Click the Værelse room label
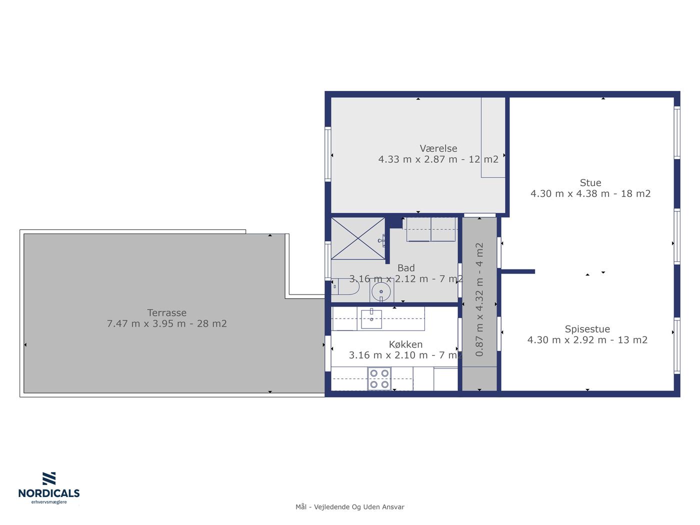click(x=438, y=148)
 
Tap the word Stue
click(x=590, y=182)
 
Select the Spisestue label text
click(x=587, y=329)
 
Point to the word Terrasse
click(x=167, y=312)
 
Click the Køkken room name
click(x=405, y=344)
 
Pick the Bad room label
click(x=406, y=268)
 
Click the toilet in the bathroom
click(x=345, y=286)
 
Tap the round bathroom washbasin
click(x=381, y=291)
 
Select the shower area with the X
click(x=358, y=238)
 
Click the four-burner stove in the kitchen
click(x=379, y=378)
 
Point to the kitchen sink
click(x=371, y=319)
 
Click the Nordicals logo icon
click(x=49, y=478)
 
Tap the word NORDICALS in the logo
click(x=49, y=493)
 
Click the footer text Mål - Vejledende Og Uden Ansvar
click(x=350, y=507)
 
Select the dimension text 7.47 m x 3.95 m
click(x=146, y=323)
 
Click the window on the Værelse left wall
click(x=328, y=154)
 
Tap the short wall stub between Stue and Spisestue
click(x=517, y=271)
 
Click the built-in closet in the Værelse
click(x=493, y=137)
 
